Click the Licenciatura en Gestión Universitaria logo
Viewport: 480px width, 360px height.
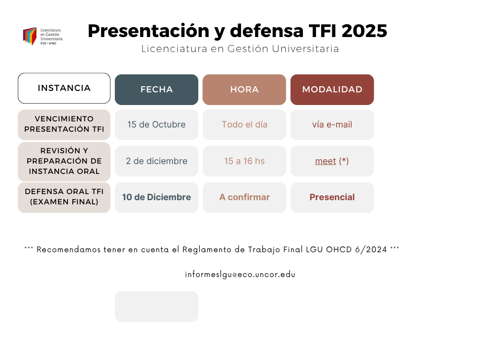(43, 36)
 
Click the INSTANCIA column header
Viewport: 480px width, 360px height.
(64, 88)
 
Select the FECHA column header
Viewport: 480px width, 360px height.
(157, 90)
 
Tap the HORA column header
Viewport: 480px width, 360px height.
(244, 90)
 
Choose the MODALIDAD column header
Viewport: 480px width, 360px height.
(332, 90)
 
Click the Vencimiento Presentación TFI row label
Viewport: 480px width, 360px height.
(64, 125)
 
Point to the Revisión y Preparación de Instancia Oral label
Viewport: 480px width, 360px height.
(64, 161)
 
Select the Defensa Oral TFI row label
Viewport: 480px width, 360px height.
(64, 197)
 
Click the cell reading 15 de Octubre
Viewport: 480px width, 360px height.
(157, 125)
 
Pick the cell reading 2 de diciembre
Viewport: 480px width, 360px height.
(157, 161)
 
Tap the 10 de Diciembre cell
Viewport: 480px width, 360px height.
(157, 197)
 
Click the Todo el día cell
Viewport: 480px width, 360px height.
(244, 125)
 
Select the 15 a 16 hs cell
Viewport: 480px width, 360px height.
(244, 161)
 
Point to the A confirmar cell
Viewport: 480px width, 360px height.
(244, 197)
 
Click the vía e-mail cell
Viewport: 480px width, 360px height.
(332, 125)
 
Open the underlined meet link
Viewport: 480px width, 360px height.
(325, 161)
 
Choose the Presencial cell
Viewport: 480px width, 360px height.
(332, 197)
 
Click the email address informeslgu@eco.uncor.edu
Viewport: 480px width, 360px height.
(240, 275)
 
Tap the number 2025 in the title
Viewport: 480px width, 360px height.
(364, 31)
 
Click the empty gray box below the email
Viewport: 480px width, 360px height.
(157, 307)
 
